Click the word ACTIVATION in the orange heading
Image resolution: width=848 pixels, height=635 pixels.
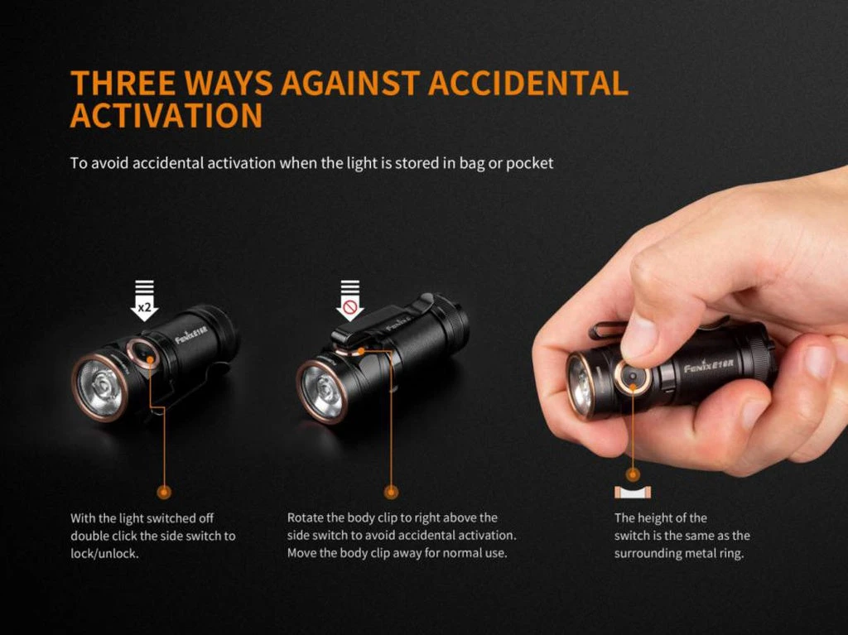coord(166,116)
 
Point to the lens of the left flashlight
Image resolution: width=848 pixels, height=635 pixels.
coord(99,385)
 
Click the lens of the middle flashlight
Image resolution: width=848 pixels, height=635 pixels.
coord(322,389)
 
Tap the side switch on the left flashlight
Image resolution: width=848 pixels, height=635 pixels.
coord(145,354)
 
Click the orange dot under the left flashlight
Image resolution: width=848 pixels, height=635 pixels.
coord(164,492)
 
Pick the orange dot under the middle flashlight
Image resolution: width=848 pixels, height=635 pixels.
coord(392,492)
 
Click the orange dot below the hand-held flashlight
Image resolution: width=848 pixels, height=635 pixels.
coord(634,474)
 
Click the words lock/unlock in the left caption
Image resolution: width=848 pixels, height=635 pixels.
coord(104,553)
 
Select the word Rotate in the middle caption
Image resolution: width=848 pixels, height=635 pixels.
coord(306,518)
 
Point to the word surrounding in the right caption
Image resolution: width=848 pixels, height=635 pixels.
coord(650,553)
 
